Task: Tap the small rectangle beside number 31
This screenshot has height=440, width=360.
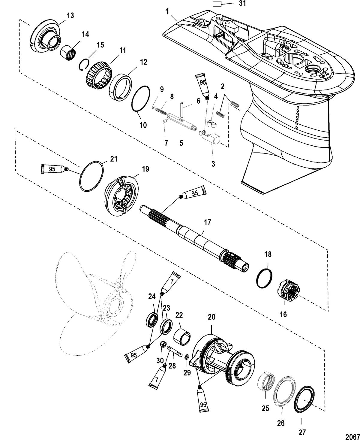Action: coord(217,4)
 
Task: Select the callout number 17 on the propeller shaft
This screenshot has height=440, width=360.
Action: coord(207,223)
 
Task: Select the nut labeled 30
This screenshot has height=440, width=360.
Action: coord(164,344)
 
